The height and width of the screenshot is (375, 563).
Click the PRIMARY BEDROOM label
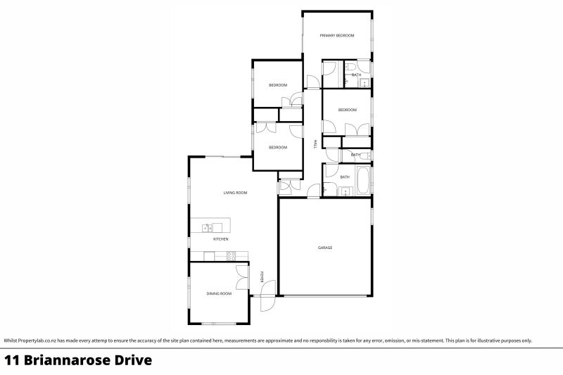click(336, 35)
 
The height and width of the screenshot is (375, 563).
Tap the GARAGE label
click(324, 248)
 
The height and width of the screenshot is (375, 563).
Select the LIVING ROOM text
click(235, 193)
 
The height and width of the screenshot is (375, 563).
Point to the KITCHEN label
click(221, 239)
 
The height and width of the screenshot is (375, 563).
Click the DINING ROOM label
click(219, 293)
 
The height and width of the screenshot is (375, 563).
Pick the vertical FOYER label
click(262, 277)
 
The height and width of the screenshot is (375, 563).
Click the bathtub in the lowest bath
click(364, 181)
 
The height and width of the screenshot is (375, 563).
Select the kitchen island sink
click(207, 227)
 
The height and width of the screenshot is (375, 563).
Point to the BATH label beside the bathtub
click(345, 177)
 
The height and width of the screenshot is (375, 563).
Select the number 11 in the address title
click(11, 361)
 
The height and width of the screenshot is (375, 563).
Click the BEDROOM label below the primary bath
click(347, 110)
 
